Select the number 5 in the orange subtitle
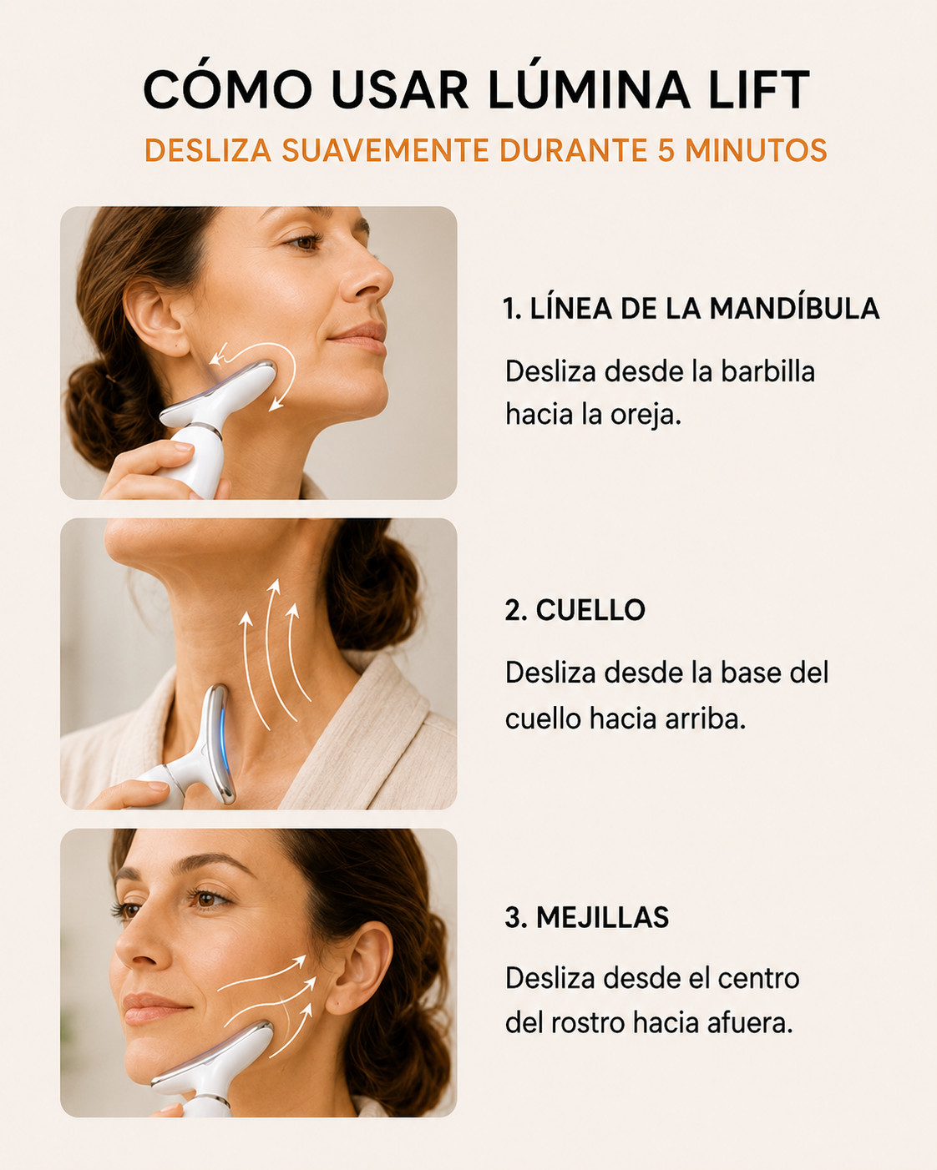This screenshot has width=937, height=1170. click(666, 150)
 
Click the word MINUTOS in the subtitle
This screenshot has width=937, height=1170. click(756, 150)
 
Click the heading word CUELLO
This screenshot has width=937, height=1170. click(590, 610)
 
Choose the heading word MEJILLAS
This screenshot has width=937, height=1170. click(602, 918)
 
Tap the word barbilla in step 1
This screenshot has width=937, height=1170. click(767, 372)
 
